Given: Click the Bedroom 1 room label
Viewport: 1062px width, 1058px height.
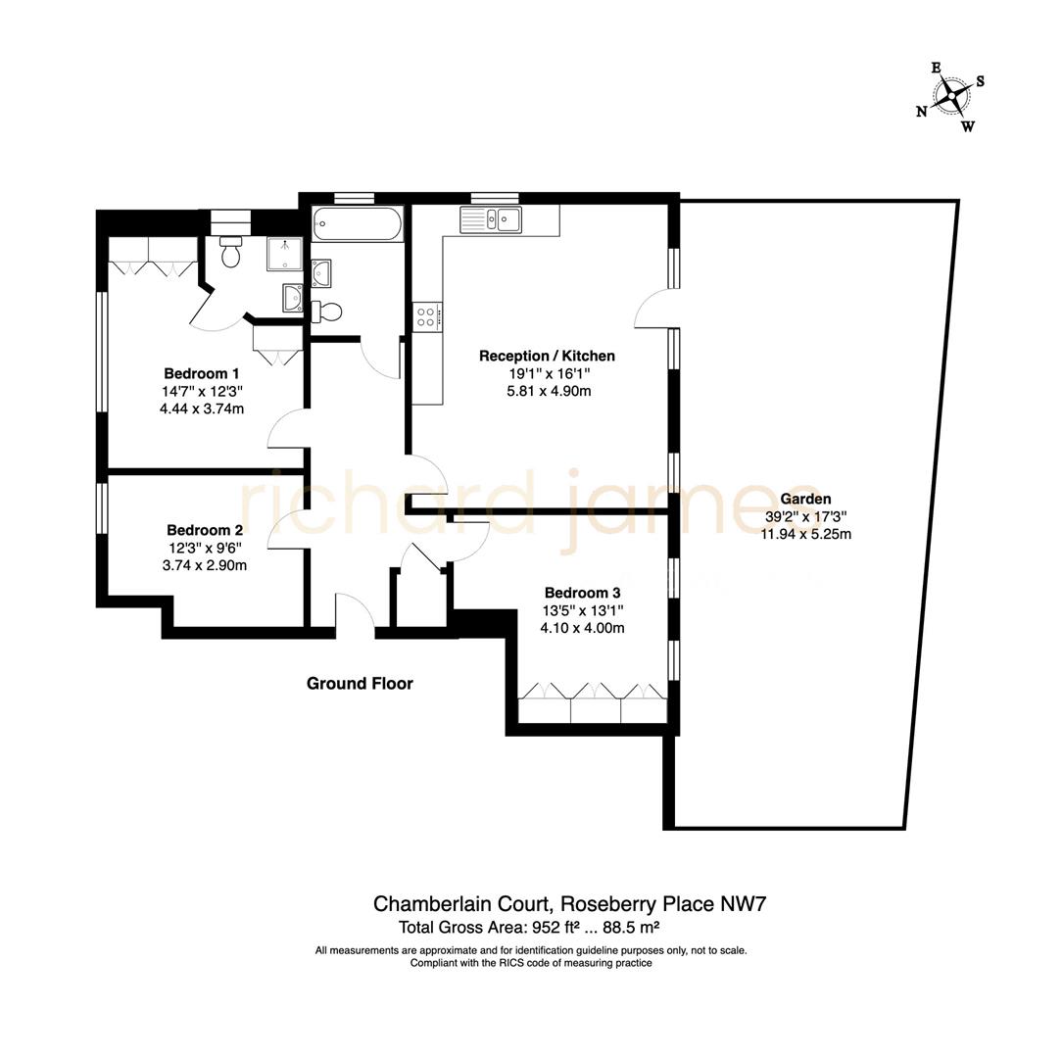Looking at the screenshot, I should click(201, 373).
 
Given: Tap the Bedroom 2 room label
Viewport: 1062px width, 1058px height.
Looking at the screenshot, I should click(204, 530).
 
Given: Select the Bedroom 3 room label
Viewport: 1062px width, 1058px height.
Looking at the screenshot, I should click(583, 593).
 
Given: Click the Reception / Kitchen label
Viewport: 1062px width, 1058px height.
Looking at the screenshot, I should click(547, 356).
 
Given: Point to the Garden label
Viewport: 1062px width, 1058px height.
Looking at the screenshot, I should click(807, 499).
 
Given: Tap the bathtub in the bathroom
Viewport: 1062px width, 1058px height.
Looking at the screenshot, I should click(357, 224).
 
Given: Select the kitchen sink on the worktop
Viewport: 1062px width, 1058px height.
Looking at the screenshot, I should click(492, 219).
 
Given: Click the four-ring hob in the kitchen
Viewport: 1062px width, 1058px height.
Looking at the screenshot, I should click(428, 316).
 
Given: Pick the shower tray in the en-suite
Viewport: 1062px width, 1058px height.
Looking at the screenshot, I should click(284, 254).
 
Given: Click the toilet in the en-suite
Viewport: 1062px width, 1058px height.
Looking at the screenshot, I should click(232, 253).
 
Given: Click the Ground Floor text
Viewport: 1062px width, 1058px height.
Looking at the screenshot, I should click(360, 684).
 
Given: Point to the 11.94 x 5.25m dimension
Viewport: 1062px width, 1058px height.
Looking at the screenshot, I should click(805, 534).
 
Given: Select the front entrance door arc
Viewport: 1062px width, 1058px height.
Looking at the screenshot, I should click(355, 615).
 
